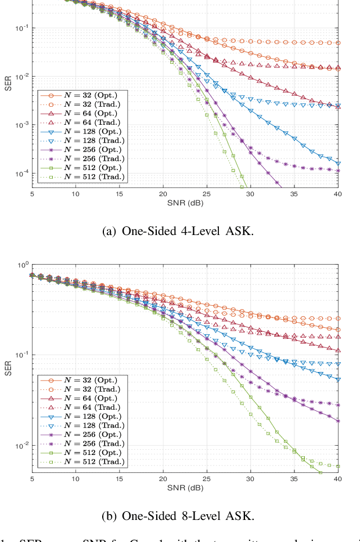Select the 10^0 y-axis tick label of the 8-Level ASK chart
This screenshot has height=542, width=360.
coord(21,265)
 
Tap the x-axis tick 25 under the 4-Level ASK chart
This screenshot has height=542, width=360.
coord(207,194)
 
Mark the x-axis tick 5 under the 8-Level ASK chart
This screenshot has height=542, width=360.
coord(31,479)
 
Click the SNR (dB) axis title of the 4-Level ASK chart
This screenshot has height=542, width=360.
coord(185,203)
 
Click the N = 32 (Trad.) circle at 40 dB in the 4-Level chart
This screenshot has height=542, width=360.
coord(338,43)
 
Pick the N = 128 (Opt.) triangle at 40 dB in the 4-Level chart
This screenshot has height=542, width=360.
coord(338,164)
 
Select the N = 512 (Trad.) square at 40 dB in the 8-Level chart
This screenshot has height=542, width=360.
coord(338,466)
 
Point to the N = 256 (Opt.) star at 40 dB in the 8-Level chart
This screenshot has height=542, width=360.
coord(338,421)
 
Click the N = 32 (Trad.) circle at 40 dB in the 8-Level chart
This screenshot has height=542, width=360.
coord(338,319)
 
